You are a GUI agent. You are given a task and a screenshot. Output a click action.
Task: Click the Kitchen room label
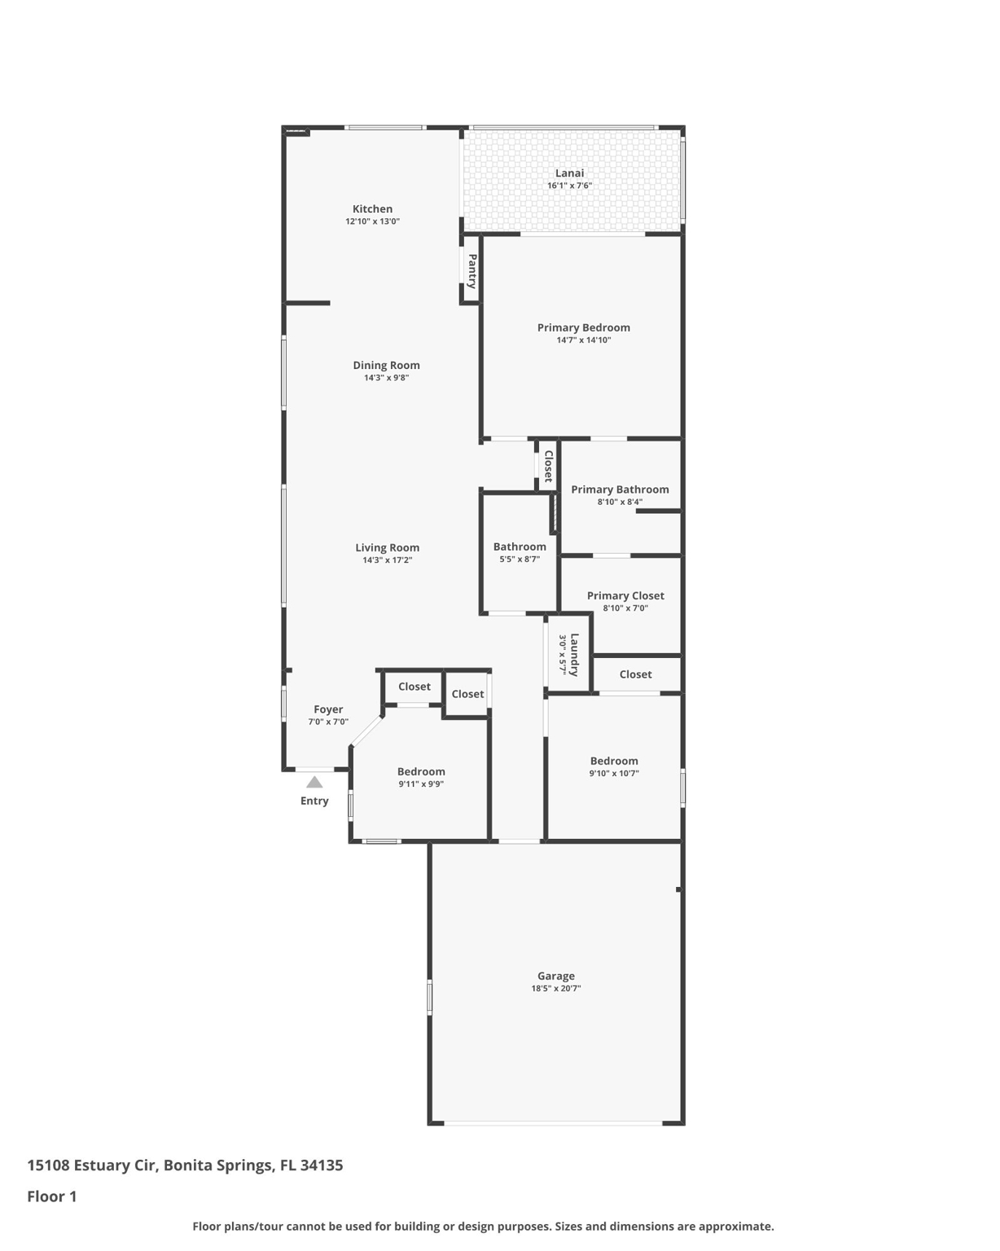click(x=372, y=209)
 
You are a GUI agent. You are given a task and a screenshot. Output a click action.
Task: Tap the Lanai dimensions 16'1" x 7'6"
click(x=569, y=186)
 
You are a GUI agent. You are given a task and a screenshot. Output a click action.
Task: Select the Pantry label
click(x=471, y=271)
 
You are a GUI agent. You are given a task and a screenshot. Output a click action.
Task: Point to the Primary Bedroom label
click(x=583, y=327)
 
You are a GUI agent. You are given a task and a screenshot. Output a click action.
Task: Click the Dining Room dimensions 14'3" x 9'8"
click(x=386, y=378)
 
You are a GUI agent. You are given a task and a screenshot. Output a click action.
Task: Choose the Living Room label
click(x=387, y=548)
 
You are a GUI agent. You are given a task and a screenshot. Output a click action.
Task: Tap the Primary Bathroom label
click(x=620, y=489)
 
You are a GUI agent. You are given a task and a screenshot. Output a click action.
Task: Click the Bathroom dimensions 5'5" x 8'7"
click(x=520, y=560)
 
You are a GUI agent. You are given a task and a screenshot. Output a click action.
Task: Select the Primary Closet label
click(x=625, y=595)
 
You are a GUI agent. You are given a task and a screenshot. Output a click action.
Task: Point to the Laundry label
click(x=574, y=655)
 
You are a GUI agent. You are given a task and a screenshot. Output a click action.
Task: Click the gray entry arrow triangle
click(x=314, y=783)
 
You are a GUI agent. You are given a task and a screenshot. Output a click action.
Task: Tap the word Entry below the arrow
click(x=314, y=801)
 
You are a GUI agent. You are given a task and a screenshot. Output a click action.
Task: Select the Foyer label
click(x=328, y=709)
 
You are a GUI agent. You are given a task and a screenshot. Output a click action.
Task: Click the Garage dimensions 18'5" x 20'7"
click(x=556, y=989)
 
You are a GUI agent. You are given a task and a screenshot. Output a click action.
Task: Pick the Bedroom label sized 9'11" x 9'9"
click(x=421, y=771)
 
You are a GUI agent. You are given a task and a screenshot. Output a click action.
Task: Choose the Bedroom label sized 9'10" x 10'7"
click(x=614, y=761)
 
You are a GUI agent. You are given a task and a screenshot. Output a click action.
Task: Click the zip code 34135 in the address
click(x=322, y=1165)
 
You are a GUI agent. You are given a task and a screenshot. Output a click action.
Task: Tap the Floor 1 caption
click(x=52, y=1196)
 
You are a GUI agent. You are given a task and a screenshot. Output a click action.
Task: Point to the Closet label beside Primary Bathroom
click(x=548, y=466)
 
